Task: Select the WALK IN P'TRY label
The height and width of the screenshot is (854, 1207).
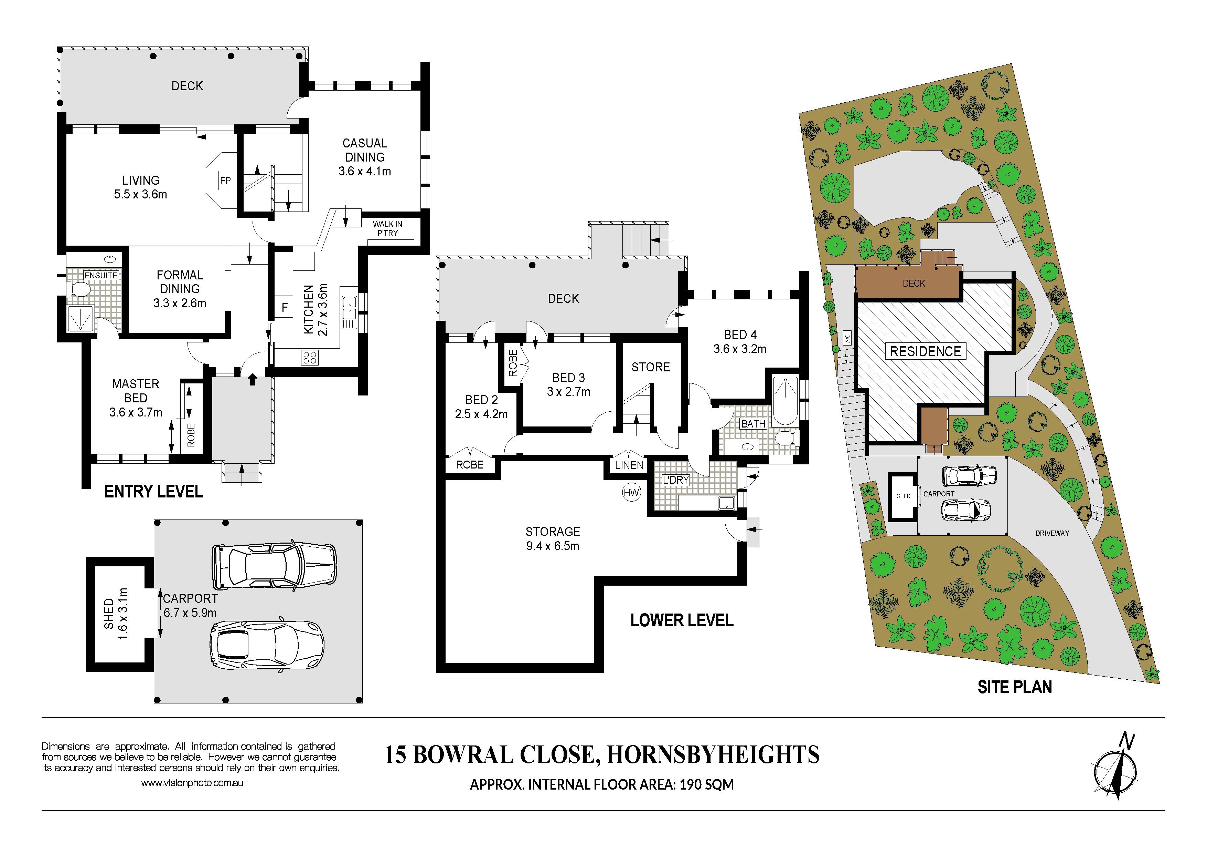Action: point(387,228)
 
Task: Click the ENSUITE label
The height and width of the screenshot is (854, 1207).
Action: point(101,275)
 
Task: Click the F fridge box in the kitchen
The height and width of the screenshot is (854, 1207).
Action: point(285,307)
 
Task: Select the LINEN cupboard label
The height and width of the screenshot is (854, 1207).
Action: point(629,465)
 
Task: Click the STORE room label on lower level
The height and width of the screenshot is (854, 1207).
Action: point(651,367)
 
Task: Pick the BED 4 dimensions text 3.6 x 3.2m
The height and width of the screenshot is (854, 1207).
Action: point(740,349)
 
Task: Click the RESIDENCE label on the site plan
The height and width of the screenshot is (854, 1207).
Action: point(925,351)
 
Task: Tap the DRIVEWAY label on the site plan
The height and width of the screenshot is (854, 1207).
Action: point(1053,533)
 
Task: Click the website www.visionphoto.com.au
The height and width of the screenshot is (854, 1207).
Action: point(192,783)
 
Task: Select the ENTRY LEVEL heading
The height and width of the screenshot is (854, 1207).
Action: point(153,492)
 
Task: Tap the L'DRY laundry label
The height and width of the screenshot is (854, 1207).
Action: point(675,480)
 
